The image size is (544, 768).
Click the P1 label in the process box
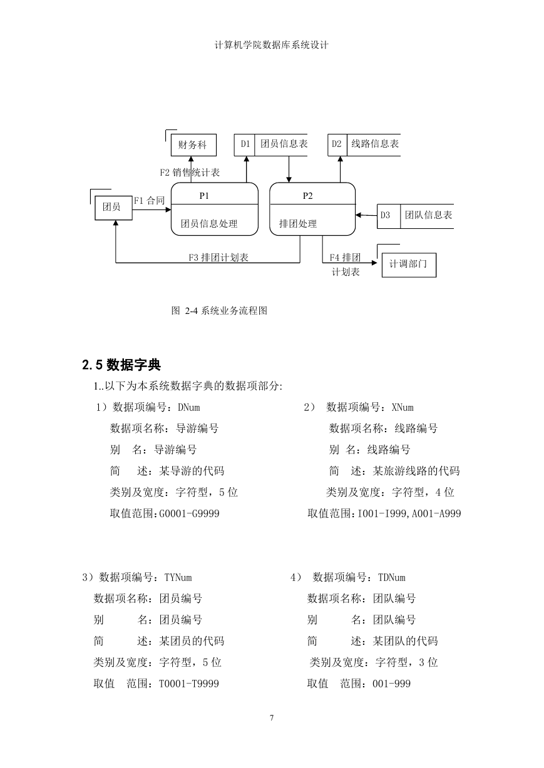[x=204, y=196]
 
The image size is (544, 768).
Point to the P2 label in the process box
[x=307, y=196]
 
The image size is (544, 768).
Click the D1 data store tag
[x=245, y=144]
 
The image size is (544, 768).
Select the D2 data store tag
[x=336, y=144]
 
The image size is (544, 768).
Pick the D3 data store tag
[x=385, y=215]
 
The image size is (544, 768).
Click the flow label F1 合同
[x=149, y=201]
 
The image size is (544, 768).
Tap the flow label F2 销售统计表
[x=190, y=173]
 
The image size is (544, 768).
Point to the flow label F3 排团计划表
[x=218, y=258]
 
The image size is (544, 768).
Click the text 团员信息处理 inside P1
[x=209, y=224]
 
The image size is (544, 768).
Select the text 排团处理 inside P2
[x=298, y=224]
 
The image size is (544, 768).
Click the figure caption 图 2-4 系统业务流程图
[x=219, y=311]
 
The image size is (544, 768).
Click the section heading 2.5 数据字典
[x=121, y=365]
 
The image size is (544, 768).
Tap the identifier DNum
[x=189, y=407]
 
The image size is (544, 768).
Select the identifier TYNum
[x=178, y=577]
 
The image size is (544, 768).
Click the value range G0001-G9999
[x=189, y=513]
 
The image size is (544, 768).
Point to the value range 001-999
[x=392, y=684]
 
